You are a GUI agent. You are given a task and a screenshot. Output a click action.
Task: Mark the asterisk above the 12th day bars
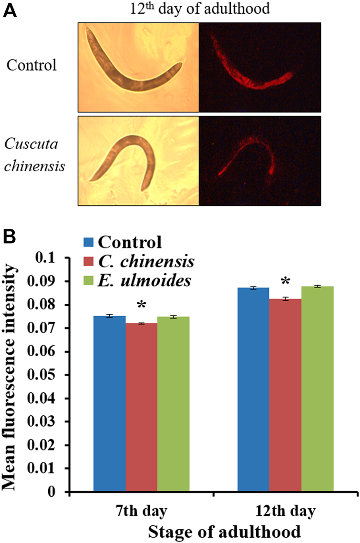[x=286, y=281]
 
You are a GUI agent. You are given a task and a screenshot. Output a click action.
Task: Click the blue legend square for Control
[x=88, y=243]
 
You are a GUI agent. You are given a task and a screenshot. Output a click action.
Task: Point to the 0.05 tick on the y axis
[x=53, y=375]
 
